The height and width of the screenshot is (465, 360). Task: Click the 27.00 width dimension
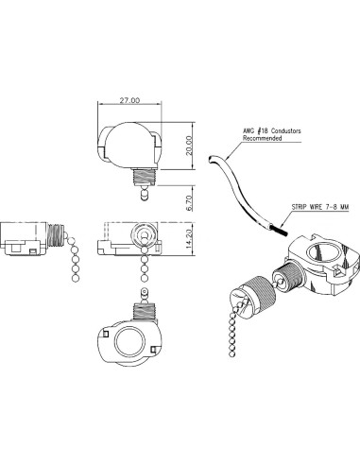(x=131, y=100)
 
